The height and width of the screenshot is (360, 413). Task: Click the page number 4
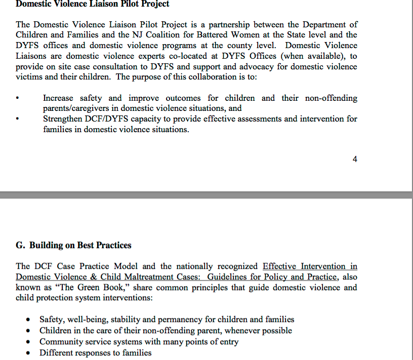pos(355,159)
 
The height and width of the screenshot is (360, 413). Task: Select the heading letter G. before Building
pos(21,246)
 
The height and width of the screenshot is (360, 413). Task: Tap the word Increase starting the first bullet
pos(58,98)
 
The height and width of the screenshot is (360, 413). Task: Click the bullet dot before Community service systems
pos(29,342)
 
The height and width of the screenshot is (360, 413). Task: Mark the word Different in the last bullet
pos(57,353)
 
